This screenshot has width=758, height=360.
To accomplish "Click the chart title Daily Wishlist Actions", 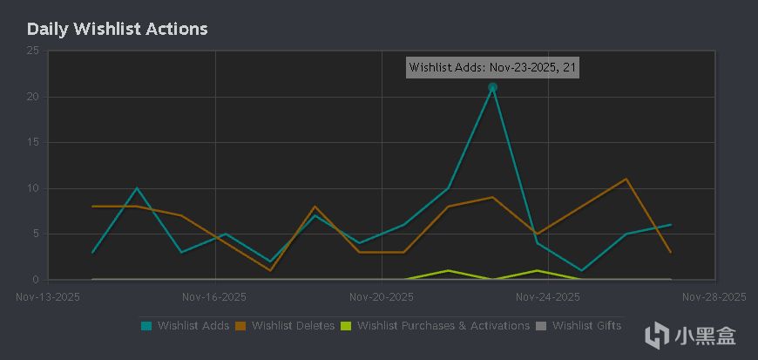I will (x=117, y=29).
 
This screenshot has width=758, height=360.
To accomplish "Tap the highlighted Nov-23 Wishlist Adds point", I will (x=492, y=87).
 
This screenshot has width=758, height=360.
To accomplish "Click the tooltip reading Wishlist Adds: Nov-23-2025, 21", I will (x=492, y=67).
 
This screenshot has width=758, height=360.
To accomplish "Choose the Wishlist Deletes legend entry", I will (x=293, y=326).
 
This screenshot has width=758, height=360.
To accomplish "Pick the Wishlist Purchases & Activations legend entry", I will (x=443, y=326).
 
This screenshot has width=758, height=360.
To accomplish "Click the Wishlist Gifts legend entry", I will (x=586, y=326).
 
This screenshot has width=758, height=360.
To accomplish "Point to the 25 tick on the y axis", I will (x=32, y=51).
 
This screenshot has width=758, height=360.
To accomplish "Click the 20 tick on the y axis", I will (x=32, y=97).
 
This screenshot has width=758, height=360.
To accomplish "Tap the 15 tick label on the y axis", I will (x=32, y=142).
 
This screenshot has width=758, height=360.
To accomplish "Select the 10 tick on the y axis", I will (x=32, y=188).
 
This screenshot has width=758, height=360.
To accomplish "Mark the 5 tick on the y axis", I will (x=35, y=234).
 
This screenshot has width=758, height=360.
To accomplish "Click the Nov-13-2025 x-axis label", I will (x=49, y=296).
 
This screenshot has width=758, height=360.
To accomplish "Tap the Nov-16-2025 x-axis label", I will (x=214, y=296).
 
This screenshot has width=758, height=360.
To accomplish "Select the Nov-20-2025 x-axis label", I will (x=382, y=296).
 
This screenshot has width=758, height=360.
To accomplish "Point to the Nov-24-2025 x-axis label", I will (x=548, y=296).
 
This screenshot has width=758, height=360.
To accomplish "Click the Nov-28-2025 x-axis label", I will (x=714, y=296).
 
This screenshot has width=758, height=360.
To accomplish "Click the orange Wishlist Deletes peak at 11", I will (x=626, y=179).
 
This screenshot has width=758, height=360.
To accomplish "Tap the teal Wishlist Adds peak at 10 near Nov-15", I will (x=137, y=188).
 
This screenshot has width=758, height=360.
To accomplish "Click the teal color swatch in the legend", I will (x=146, y=326).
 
